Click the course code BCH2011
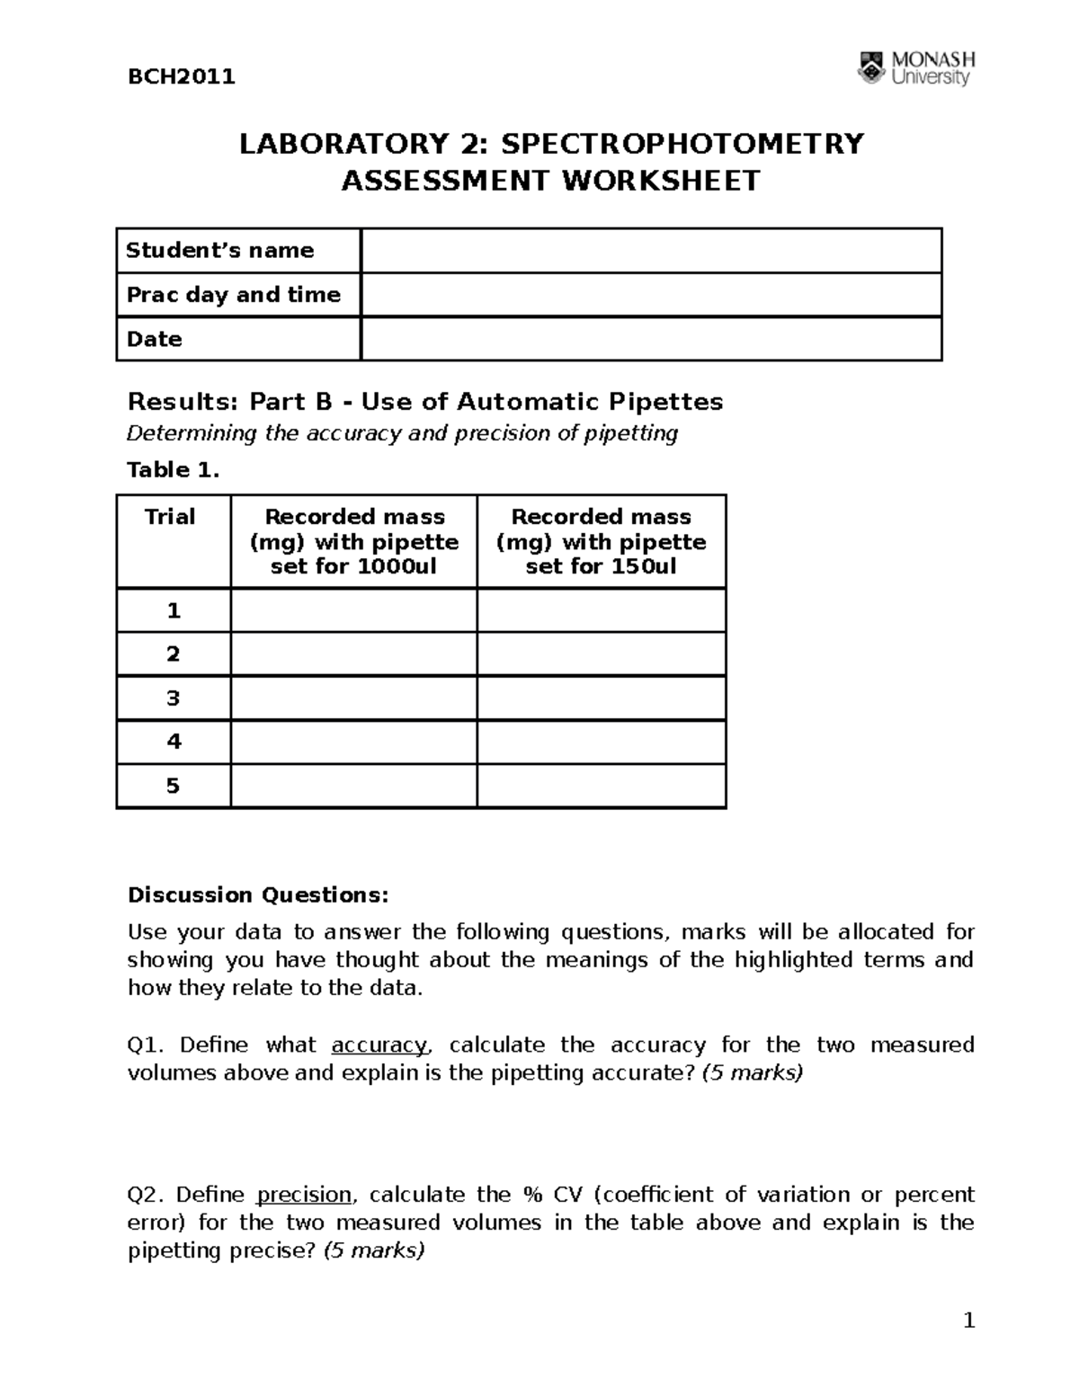[182, 76]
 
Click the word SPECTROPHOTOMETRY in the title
[682, 144]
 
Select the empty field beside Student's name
[650, 251]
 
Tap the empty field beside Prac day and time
[650, 295]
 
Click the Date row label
[155, 339]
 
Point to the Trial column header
[170, 517]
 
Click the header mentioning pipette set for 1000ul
[354, 541]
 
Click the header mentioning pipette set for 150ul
[601, 541]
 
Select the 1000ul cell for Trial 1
[354, 611]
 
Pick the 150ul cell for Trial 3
[601, 698]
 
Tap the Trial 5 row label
[173, 787]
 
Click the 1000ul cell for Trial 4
[354, 742]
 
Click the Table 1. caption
[173, 470]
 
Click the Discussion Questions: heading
[258, 895]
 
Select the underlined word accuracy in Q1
[379, 1045]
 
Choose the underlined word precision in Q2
[304, 1196]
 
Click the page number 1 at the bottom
[968, 1321]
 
